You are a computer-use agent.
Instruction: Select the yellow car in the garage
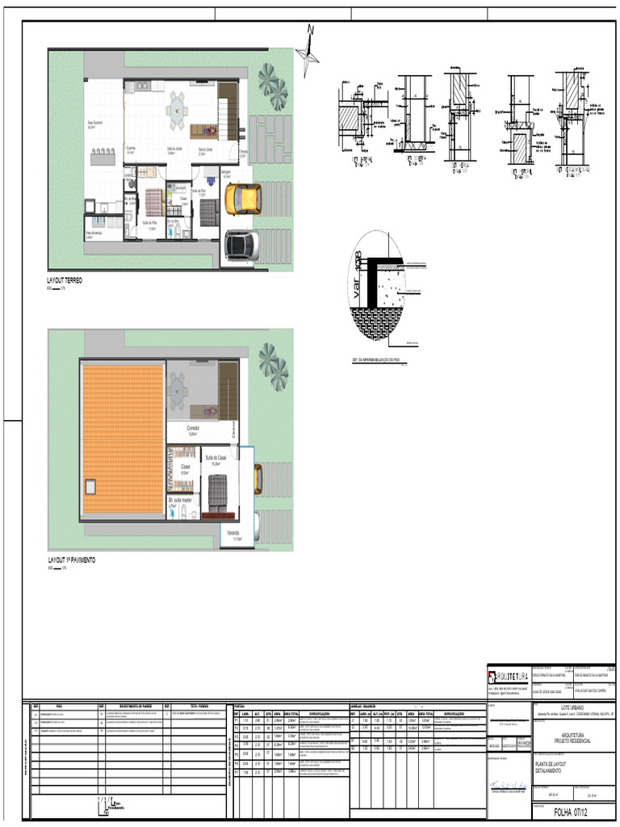242,199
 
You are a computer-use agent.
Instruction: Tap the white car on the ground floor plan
241,245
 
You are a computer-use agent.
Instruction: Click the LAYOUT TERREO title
65,280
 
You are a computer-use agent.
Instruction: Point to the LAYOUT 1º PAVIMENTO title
72,560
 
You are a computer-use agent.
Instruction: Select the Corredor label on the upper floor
194,428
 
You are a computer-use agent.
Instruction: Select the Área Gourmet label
97,124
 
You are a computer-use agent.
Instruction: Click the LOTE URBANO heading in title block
572,706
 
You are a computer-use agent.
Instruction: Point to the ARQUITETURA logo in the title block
507,675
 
